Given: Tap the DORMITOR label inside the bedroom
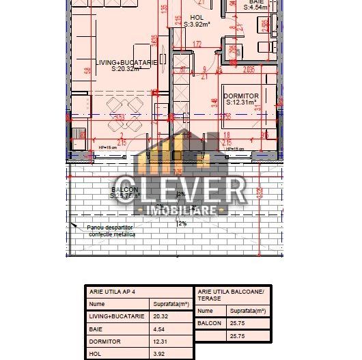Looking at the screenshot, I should pos(241,96).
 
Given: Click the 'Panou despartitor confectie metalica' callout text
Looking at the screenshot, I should pos(111,231).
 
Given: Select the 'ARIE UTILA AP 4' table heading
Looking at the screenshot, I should pos(113,292).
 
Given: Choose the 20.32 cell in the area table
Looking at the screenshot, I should pos(161,316).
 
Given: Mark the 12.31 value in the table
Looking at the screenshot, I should pos(161,342).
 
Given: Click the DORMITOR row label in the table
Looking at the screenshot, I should pos(105,342).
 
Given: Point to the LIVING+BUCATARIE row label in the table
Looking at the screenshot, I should pos(117,316).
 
